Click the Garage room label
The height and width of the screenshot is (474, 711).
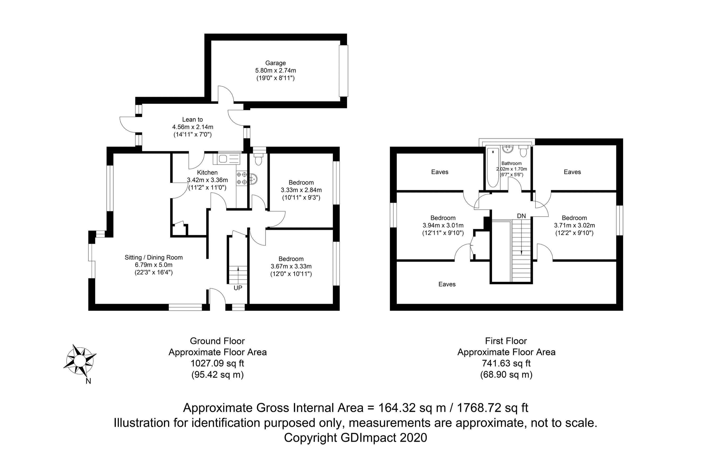coord(275,63)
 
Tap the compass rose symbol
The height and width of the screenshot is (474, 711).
coord(80,360)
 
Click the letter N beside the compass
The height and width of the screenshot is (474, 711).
coord(88,381)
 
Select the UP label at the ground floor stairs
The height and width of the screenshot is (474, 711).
coord(238,288)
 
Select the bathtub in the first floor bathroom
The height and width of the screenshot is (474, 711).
coord(492,167)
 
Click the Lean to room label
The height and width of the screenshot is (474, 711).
coord(192,120)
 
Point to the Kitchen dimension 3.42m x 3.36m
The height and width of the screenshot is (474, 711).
coord(207,180)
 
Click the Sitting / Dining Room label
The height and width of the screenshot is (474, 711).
coord(154,257)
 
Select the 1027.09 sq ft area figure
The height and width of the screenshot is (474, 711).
coord(217,363)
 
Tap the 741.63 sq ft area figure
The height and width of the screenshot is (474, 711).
coord(506,363)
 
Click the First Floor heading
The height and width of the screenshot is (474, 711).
coord(506,341)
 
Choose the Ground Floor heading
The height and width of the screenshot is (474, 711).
coord(217,341)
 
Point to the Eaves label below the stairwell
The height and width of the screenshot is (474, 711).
coord(447,284)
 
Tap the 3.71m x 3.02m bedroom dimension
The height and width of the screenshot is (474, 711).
coord(574,225)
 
